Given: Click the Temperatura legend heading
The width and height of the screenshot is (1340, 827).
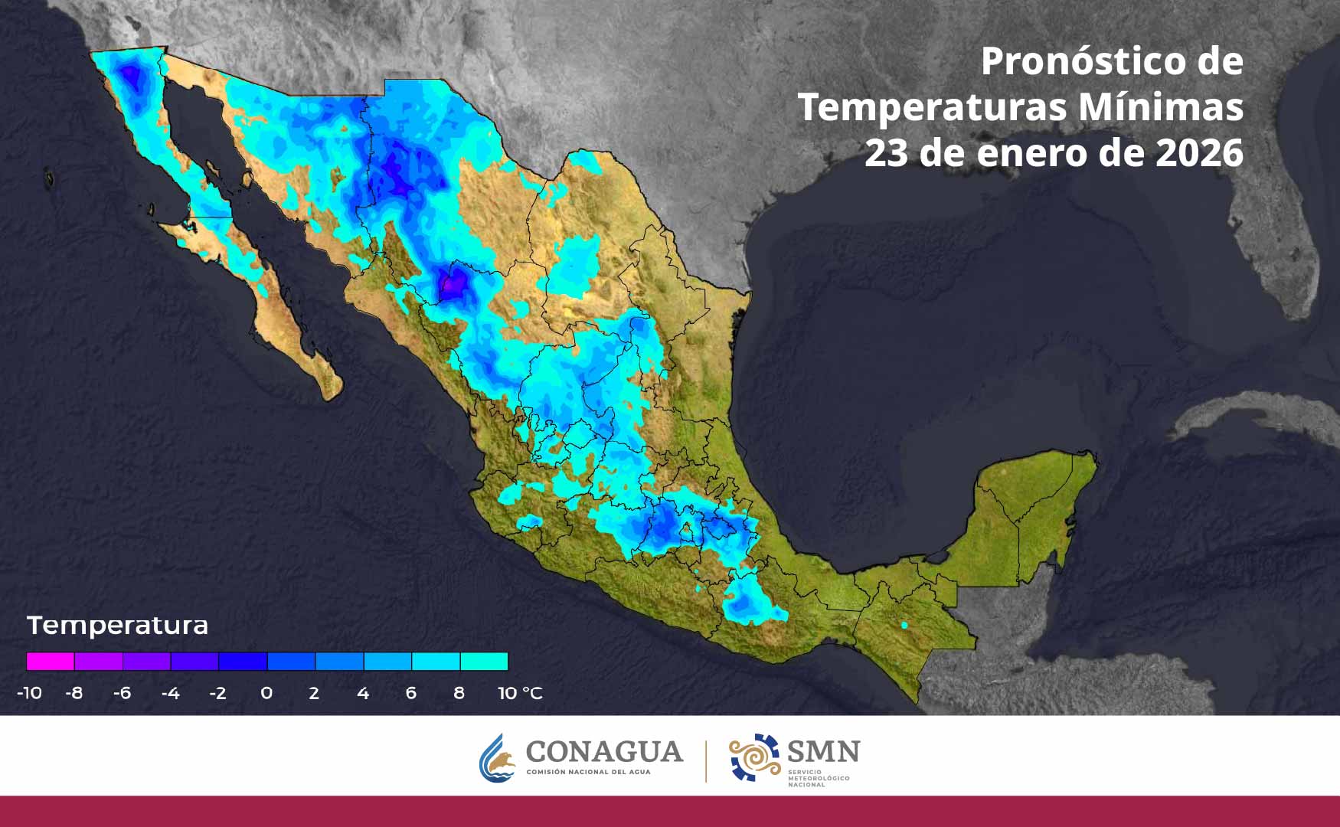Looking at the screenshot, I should click(x=117, y=626).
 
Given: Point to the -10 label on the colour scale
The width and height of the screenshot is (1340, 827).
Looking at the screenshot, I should click(x=29, y=693).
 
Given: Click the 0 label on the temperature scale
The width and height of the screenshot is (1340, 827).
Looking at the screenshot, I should click(x=266, y=693).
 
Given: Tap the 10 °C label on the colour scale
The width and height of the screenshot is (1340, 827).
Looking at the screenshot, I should click(x=519, y=693).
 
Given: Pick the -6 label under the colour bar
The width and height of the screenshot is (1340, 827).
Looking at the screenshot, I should click(x=122, y=693).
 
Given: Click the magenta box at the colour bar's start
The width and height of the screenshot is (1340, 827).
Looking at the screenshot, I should click(x=51, y=661).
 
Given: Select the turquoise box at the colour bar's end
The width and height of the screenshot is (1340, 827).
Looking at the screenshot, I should click(x=484, y=661).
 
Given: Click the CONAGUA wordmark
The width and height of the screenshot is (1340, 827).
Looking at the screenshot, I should click(x=604, y=752).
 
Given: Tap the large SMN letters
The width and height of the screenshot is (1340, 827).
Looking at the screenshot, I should click(x=823, y=751).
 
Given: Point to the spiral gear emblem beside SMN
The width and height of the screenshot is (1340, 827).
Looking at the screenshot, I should click(x=754, y=757).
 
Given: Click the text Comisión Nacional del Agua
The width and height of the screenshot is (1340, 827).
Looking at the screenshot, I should click(x=588, y=772).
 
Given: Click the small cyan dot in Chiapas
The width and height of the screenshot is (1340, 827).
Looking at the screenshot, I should click(x=904, y=626).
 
